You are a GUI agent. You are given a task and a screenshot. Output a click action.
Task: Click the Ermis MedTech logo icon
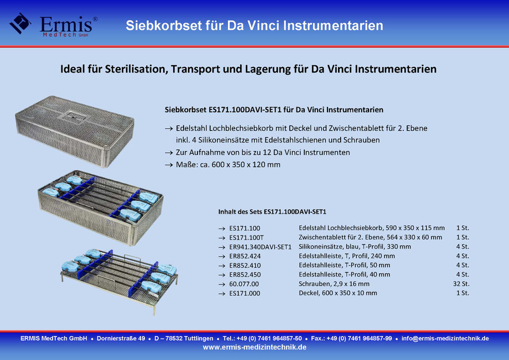pyautogui.click(x=20, y=23)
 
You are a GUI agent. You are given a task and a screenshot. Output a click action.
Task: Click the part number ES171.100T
pyautogui.click(x=246, y=238)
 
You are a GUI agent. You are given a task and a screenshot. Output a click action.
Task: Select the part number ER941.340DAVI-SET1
pyautogui.click(x=261, y=247)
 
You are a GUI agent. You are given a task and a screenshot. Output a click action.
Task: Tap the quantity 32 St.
pyautogui.click(x=461, y=284)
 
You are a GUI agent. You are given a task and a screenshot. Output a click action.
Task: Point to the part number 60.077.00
pyautogui.click(x=244, y=284)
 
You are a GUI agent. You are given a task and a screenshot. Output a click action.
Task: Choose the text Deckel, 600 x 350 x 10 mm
pyautogui.click(x=338, y=293)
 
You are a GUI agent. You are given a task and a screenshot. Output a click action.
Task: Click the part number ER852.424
pyautogui.click(x=245, y=256)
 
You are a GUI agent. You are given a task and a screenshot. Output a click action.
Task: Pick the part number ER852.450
pyautogui.click(x=245, y=275)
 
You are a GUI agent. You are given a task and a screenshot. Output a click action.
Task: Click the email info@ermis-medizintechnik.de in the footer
pyautogui.click(x=445, y=338)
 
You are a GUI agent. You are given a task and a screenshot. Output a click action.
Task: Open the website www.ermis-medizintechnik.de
pyautogui.click(x=254, y=347)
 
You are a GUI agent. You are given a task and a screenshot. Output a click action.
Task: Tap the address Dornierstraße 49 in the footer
pyautogui.click(x=121, y=338)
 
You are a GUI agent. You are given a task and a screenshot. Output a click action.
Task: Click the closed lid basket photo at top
pyautogui.click(x=75, y=131)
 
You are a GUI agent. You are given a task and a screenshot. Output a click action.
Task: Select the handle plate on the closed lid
pyautogui.click(x=74, y=116)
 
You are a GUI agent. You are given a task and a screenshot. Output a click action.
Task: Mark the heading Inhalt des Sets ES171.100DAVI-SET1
pyautogui.click(x=272, y=212)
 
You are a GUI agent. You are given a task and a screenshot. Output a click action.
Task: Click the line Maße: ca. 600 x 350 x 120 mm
pyautogui.click(x=228, y=165)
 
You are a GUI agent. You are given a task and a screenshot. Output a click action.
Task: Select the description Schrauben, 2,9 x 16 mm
pyautogui.click(x=334, y=284)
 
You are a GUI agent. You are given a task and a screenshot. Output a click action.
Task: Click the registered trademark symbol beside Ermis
pyautogui.click(x=95, y=19)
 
